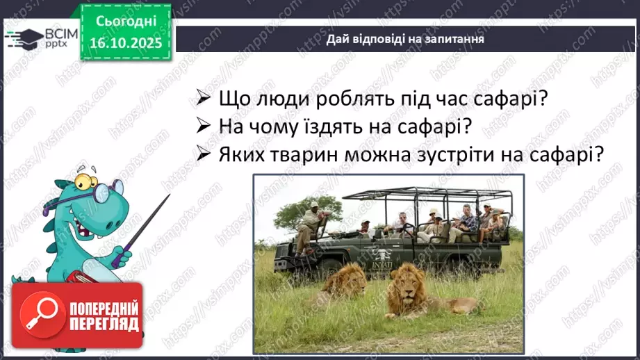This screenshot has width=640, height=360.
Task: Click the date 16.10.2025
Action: click(125, 43)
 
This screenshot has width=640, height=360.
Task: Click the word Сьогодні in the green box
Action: click(125, 23)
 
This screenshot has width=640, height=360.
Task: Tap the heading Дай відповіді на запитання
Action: click(405, 39)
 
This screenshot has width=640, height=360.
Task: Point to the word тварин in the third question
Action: click(304, 154)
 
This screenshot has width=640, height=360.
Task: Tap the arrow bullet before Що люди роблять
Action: click(203, 99)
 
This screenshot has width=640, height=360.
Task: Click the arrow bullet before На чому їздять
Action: click(203, 127)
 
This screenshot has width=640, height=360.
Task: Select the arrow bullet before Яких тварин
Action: click(203, 155)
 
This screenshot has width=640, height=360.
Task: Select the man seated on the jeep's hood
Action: click(310, 222)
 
